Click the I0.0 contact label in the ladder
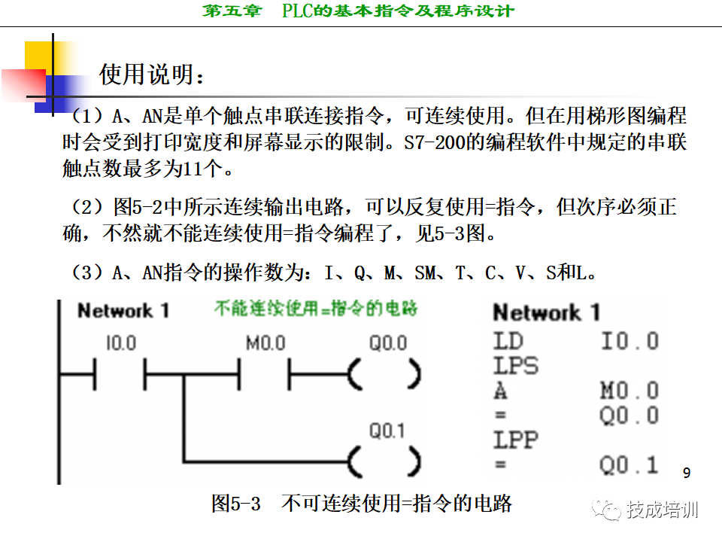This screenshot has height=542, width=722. point(120,344)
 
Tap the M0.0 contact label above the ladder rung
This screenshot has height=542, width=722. point(265,344)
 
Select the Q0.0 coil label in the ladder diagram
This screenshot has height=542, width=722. point(387,344)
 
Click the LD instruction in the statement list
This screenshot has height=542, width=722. point(508,341)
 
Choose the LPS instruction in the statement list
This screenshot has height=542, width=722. point(516,366)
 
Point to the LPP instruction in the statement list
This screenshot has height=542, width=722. point(516,440)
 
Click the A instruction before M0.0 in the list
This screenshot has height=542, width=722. point(501,391)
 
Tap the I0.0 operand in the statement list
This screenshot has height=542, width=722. point(629,341)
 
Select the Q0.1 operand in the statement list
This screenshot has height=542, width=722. point(629,464)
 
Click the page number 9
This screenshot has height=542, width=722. point(686,473)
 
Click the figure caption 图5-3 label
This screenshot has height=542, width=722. point(235,504)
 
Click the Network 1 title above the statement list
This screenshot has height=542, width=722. point(547,312)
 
